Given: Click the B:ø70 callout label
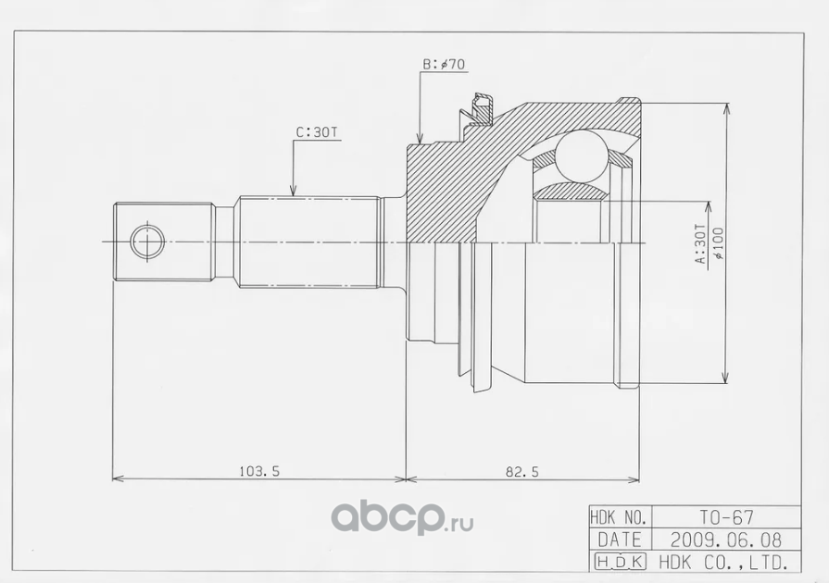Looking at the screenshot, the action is click(444, 65).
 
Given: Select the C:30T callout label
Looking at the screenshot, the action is click(316, 132).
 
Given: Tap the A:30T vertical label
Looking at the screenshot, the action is click(700, 244).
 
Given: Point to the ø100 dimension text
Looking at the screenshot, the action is click(718, 242).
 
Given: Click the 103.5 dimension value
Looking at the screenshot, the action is click(259, 470).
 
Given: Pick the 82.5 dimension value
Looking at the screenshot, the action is click(522, 472).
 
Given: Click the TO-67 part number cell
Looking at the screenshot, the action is click(726, 517).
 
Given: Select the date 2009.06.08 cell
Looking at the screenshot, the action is click(726, 540).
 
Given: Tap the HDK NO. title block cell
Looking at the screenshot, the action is click(622, 517).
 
